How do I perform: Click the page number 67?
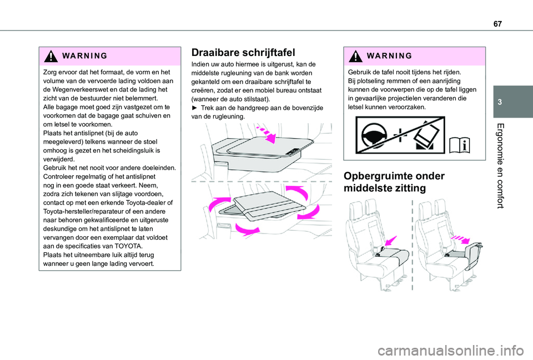click(497, 24)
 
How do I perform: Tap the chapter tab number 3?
click(500, 102)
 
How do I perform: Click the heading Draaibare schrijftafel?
click(243, 53)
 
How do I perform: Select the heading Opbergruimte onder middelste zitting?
click(394, 182)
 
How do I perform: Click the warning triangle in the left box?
click(51, 56)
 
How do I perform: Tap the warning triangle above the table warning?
click(355, 56)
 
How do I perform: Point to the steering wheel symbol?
click(374, 135)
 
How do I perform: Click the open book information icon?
click(459, 146)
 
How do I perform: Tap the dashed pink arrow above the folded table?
click(267, 134)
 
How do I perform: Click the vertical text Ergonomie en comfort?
click(500, 166)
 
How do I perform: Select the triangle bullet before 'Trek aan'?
click(194, 108)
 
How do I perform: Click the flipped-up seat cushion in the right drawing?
click(474, 255)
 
